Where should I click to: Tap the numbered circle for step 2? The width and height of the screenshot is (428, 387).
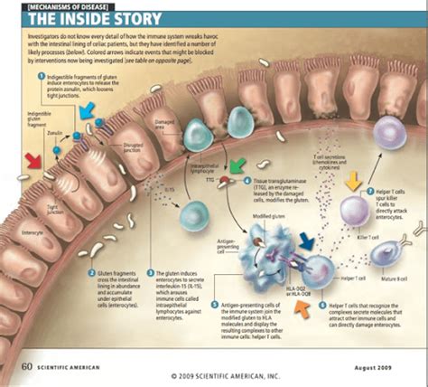tap(91, 271)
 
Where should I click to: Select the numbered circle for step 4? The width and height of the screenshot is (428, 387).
tap(247, 181)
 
